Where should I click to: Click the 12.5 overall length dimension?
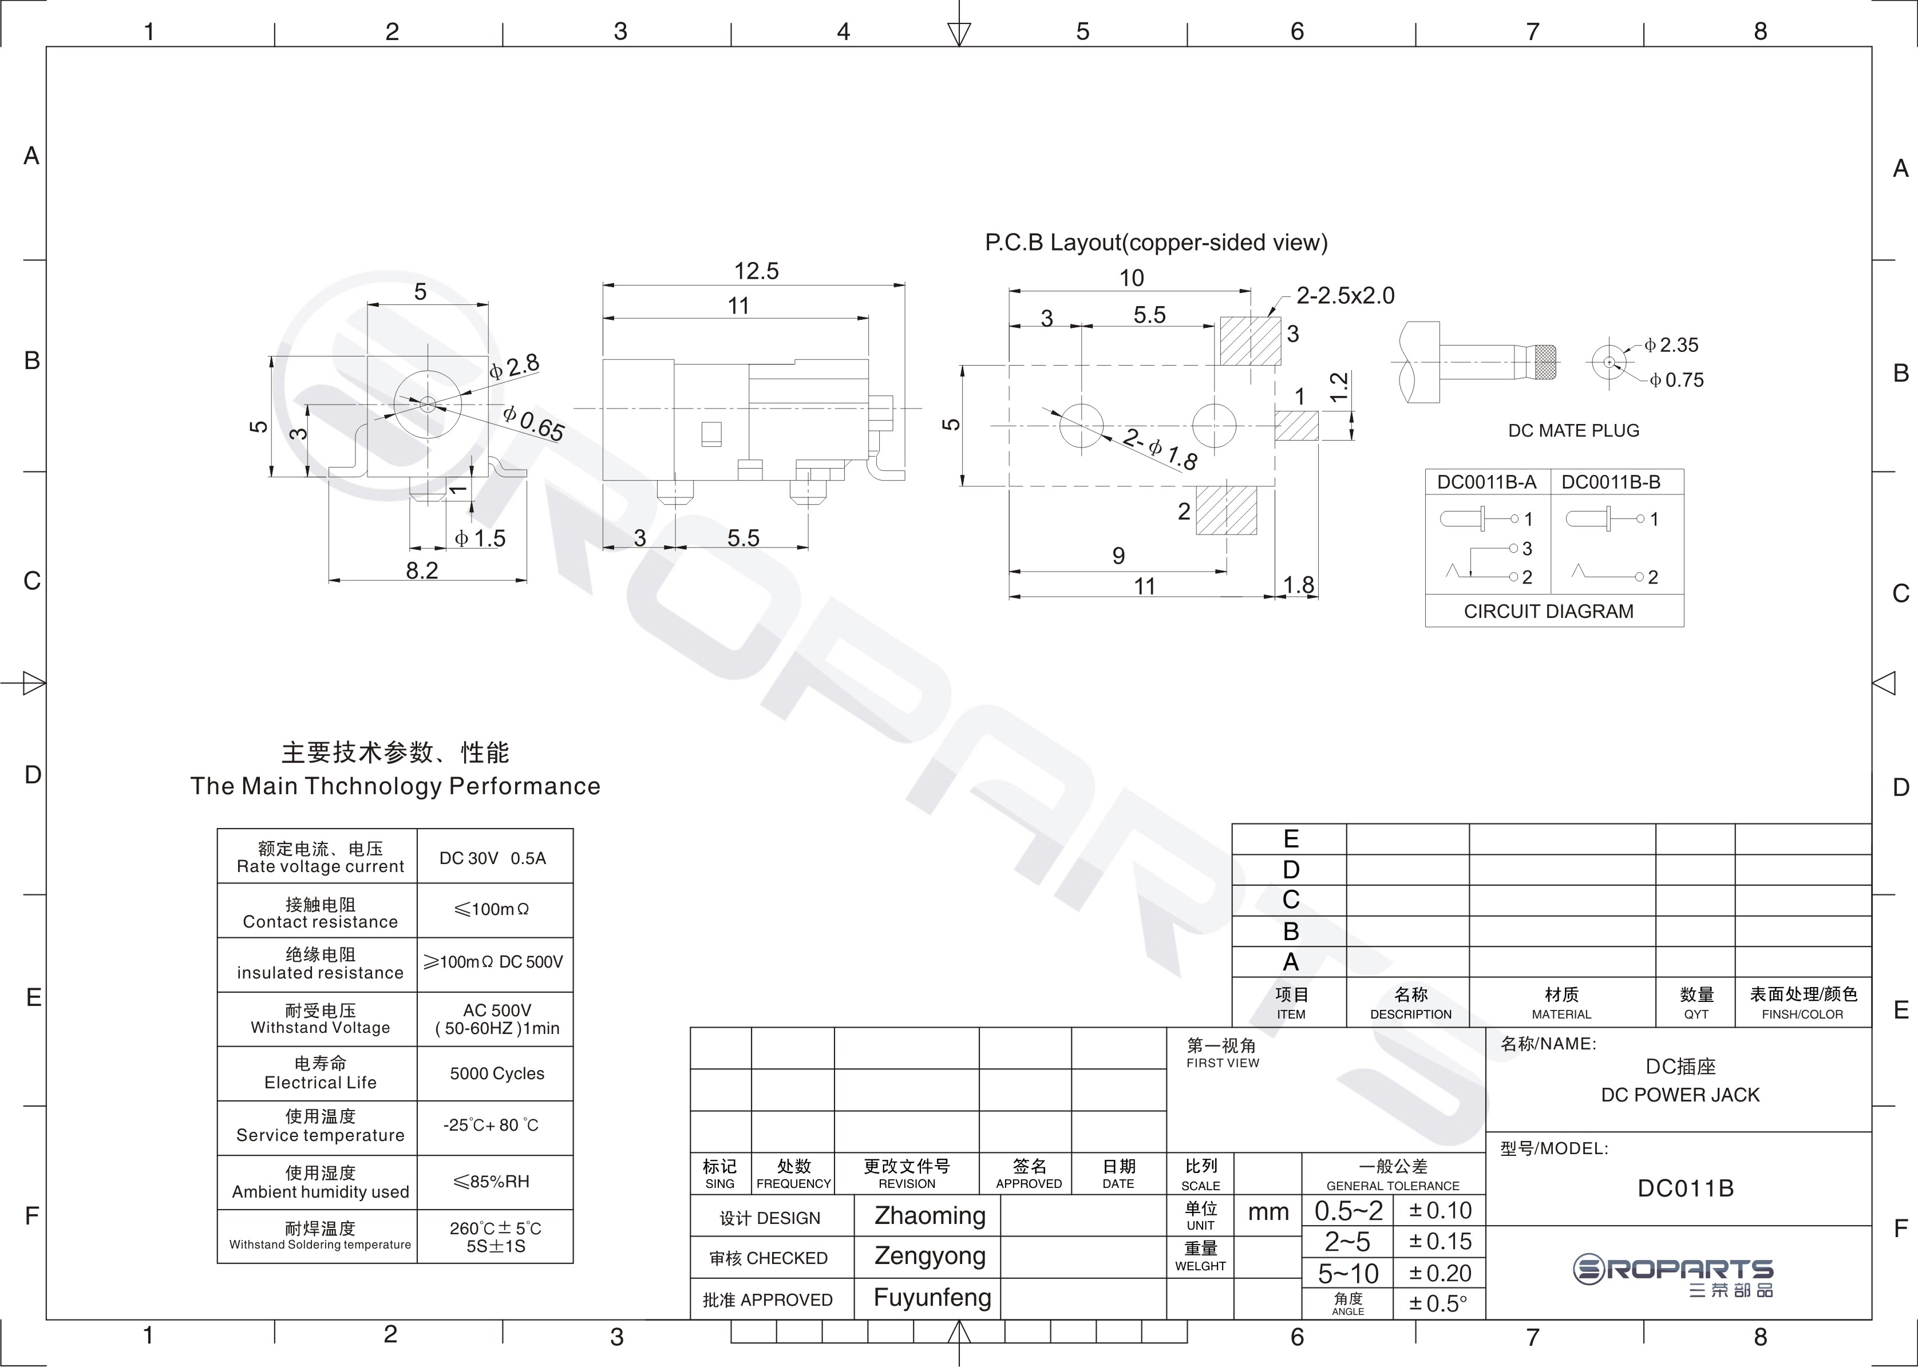click(x=756, y=271)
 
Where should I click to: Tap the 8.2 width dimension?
click(x=422, y=570)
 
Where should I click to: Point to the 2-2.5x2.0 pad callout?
click(x=1344, y=295)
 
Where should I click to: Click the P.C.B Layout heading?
click(x=1156, y=243)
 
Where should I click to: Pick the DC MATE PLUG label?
click(x=1573, y=431)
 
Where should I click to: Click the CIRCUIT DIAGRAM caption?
click(x=1548, y=611)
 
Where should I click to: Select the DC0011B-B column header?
click(x=1611, y=482)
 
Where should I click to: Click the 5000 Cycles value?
click(x=497, y=1074)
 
